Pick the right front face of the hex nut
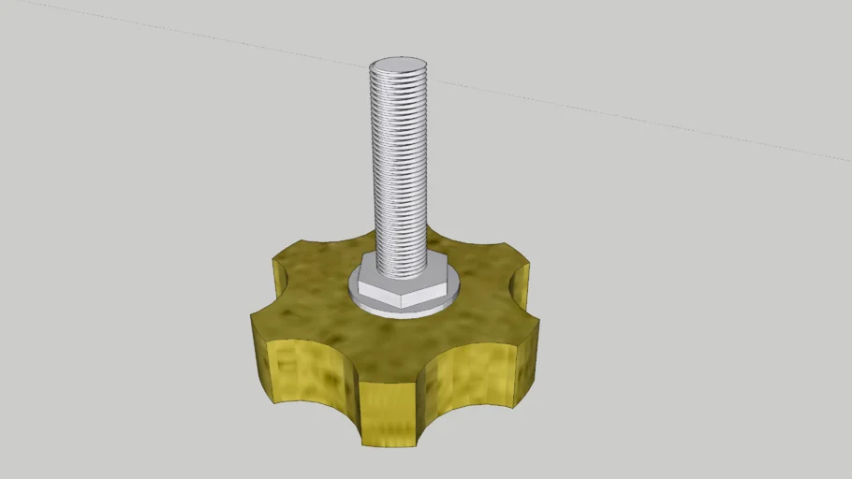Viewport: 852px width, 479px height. pyautogui.click(x=426, y=293)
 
